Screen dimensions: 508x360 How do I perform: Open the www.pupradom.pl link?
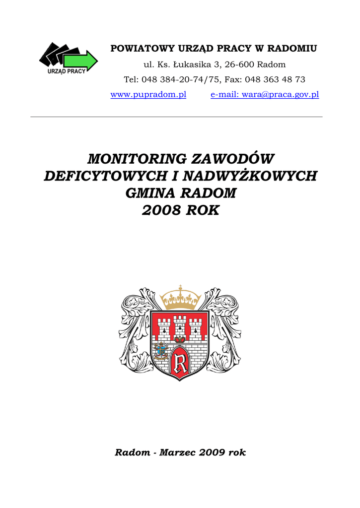coord(148,94)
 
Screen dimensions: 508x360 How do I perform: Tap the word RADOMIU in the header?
coord(292,49)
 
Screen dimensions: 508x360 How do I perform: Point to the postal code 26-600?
coord(239,64)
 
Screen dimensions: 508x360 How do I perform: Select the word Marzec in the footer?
coord(178,452)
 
